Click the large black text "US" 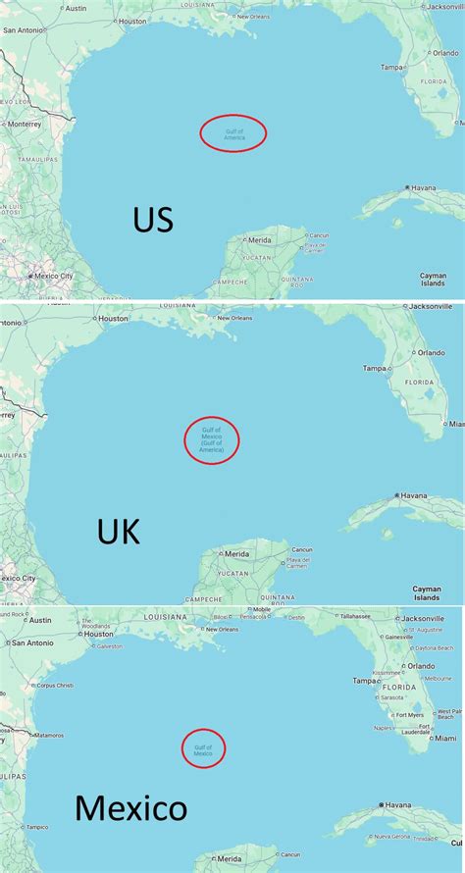pyautogui.click(x=153, y=220)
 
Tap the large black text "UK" pyautogui.click(x=119, y=533)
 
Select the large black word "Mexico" pyautogui.click(x=130, y=809)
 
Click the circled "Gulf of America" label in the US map pyautogui.click(x=233, y=133)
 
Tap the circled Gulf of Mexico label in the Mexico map pyautogui.click(x=203, y=749)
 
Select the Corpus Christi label pyautogui.click(x=55, y=686)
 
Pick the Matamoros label pyautogui.click(x=48, y=734)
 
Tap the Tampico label pyautogui.click(x=36, y=827)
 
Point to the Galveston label pyautogui.click(x=109, y=646)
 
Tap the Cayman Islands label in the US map pyautogui.click(x=434, y=279)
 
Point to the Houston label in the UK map pyautogui.click(x=113, y=318)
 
